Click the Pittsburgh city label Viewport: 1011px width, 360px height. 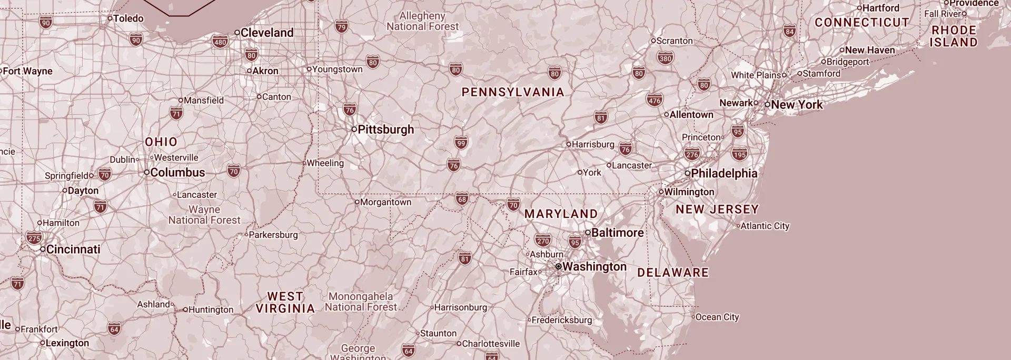point(385,129)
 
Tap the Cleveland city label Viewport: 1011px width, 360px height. point(267,33)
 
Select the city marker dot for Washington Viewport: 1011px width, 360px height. point(559,267)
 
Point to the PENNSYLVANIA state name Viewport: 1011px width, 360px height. point(512,92)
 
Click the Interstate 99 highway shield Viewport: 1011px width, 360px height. point(461,143)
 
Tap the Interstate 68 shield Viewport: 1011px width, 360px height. point(462,199)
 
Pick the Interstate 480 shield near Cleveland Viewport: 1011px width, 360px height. point(220,42)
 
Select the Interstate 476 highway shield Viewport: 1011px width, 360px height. point(655,100)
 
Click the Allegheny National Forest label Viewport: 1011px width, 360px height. point(422,21)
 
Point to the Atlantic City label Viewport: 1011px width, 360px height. point(765,226)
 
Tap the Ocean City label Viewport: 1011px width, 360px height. point(717,317)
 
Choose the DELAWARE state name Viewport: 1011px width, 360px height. point(673,273)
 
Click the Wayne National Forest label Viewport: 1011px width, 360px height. point(204,215)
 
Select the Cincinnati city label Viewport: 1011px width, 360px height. point(73,249)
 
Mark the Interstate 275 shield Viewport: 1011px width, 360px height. point(34,238)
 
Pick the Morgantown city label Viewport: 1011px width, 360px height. point(386,202)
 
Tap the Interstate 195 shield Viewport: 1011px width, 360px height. point(739,154)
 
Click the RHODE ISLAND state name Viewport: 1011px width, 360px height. point(954,36)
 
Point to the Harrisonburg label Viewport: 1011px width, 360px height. point(461,307)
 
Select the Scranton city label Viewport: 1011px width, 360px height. point(675,41)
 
